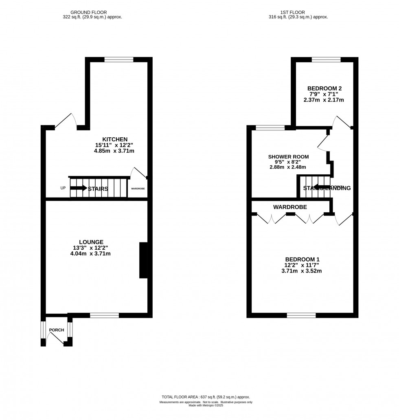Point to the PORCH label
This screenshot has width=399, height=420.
click(x=57, y=330)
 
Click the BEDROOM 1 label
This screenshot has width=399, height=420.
click(x=302, y=259)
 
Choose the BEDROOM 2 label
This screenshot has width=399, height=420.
click(x=324, y=88)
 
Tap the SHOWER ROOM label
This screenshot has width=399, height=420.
click(x=288, y=156)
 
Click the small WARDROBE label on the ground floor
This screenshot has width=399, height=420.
click(x=138, y=189)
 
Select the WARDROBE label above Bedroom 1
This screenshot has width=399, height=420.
click(x=290, y=207)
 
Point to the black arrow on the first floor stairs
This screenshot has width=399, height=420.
click(x=321, y=187)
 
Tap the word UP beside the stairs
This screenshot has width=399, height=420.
click(x=63, y=188)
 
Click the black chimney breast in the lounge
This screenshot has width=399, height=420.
click(x=144, y=260)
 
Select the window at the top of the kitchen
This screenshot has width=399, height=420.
click(x=119, y=59)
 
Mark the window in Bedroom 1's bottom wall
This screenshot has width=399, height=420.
click(x=301, y=315)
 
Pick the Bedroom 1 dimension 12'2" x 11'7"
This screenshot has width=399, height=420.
click(x=302, y=265)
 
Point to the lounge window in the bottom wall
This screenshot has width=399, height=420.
click(x=104, y=315)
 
